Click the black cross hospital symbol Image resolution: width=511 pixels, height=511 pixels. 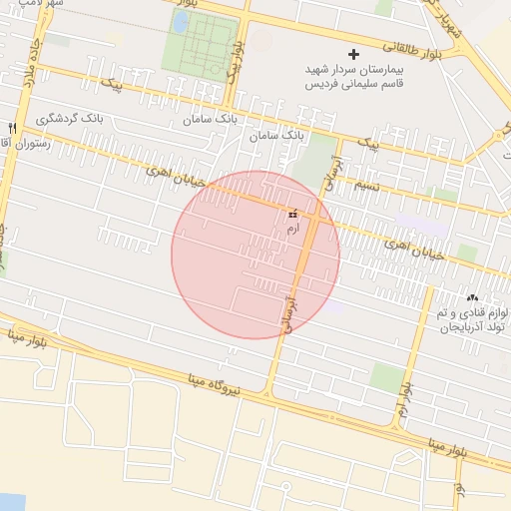pos(353,54)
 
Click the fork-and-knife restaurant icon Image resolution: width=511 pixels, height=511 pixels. pos(12,128)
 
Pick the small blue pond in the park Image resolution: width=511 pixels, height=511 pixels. pos(180,23)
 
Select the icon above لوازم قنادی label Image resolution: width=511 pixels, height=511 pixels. pos(472,297)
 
